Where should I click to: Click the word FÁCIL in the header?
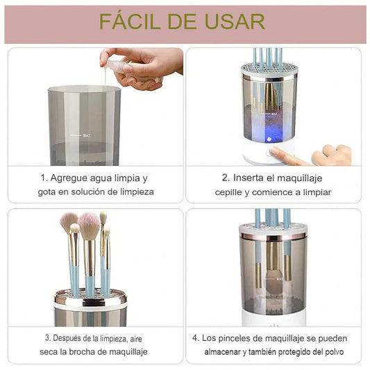point(131,22)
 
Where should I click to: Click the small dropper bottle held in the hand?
point(116,66)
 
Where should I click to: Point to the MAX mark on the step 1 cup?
point(86,135)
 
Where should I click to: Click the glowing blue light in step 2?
point(269,140)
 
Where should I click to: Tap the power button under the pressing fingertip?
point(269,153)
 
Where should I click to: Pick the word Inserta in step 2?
point(248,178)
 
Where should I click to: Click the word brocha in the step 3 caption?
point(82,352)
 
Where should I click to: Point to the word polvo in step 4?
point(335,352)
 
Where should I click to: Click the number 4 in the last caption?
point(195,338)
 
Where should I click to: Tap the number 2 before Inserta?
point(225,178)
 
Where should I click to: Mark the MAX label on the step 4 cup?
point(279,279)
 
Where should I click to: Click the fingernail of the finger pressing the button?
point(274,151)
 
